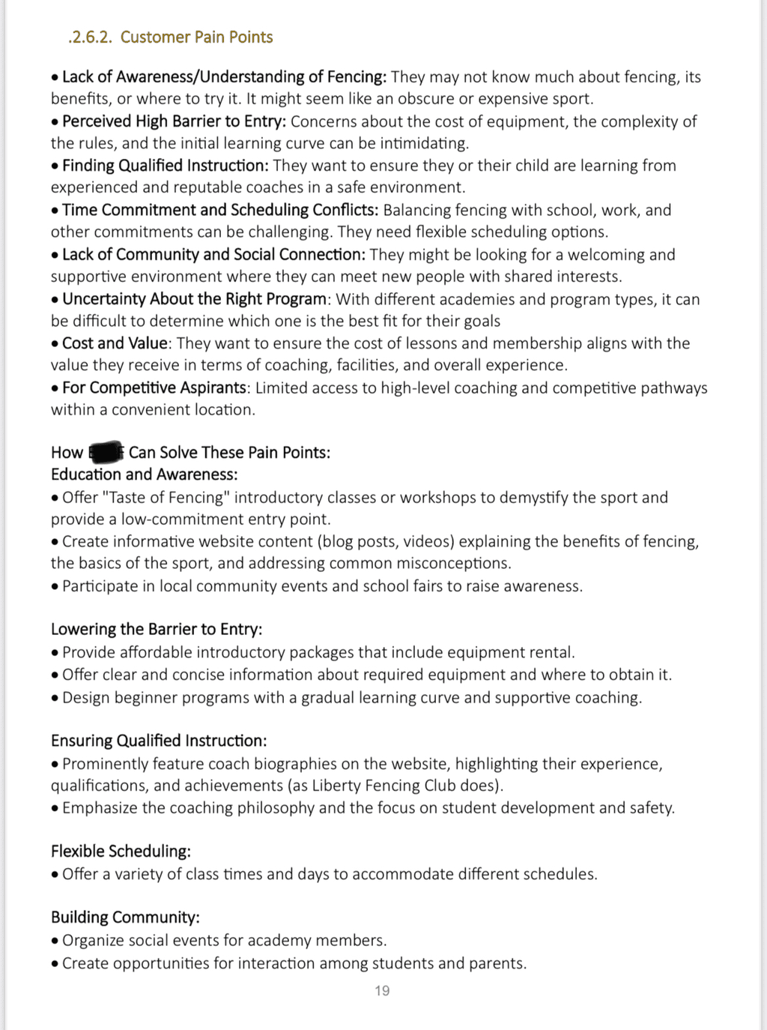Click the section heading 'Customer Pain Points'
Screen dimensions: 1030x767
(196, 37)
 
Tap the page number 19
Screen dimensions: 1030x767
(382, 991)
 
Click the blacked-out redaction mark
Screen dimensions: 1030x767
(106, 452)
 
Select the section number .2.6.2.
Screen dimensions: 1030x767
(90, 37)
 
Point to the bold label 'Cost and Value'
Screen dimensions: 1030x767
(115, 343)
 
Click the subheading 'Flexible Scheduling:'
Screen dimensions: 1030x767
(121, 852)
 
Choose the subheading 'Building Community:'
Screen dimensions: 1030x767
(125, 918)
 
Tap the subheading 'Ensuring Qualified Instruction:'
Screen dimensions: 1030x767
(159, 741)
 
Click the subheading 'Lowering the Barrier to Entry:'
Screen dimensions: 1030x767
(157, 630)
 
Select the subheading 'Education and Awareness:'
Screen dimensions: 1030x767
(144, 475)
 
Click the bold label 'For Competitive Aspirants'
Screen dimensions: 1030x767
(154, 388)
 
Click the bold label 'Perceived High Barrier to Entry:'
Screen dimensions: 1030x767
(174, 121)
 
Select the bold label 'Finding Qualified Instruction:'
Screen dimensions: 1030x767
(165, 166)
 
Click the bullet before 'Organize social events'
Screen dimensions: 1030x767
(55, 942)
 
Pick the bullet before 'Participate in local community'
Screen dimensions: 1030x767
(55, 587)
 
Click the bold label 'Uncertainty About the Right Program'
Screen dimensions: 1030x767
(194, 299)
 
